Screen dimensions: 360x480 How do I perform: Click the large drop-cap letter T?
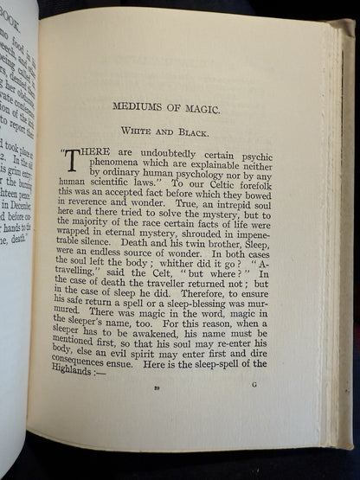click(x=73, y=158)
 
